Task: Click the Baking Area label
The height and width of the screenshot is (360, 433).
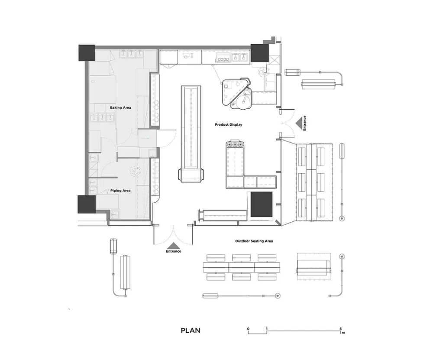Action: tap(120, 107)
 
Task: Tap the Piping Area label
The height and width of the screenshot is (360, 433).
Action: tap(120, 190)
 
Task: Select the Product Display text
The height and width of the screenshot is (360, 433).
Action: tap(229, 125)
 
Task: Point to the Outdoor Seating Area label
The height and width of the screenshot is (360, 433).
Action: tap(254, 241)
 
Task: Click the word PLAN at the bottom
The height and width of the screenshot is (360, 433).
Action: tap(191, 331)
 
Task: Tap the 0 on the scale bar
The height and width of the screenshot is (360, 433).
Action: tap(249, 329)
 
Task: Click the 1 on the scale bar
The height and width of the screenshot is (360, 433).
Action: tap(267, 329)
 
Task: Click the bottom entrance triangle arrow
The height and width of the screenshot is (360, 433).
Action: tap(173, 245)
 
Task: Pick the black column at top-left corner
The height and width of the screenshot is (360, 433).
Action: tap(87, 53)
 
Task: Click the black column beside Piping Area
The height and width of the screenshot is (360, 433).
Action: tap(86, 204)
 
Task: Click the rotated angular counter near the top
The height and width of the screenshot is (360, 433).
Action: tap(236, 93)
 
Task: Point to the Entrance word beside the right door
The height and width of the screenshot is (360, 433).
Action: tap(305, 123)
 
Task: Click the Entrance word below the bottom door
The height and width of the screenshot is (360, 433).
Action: tap(173, 251)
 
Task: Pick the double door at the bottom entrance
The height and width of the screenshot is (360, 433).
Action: tap(173, 234)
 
